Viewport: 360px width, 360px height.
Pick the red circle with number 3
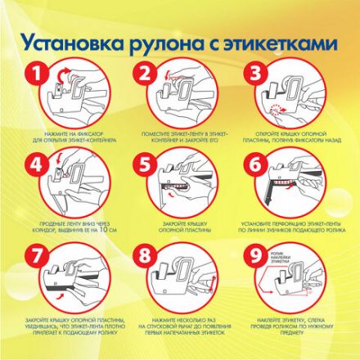pos(255,74)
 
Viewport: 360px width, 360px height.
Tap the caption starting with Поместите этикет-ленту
pos(180,135)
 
